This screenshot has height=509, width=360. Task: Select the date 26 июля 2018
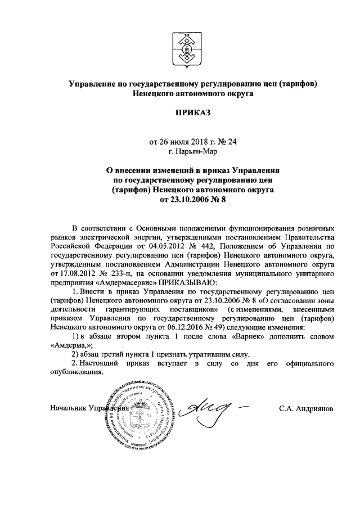[181, 142]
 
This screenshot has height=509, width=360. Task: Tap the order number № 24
[228, 142]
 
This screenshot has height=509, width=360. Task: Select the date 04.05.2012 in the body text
[168, 246]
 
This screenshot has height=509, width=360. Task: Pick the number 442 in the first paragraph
[208, 246]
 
